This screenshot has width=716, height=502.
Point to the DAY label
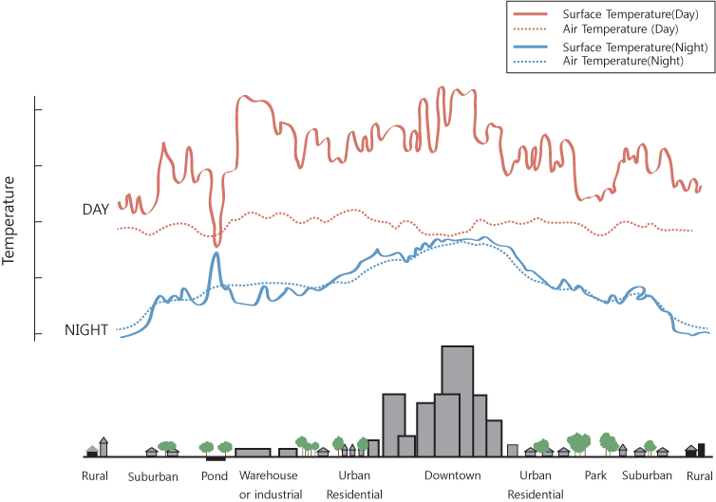pos(96,209)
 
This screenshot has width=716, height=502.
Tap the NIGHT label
pos(85,330)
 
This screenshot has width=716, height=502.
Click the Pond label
pos(215,475)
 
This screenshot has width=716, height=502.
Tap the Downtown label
pos(452,475)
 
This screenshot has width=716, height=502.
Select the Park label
pos(595,475)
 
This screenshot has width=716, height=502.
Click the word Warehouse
pos(269,475)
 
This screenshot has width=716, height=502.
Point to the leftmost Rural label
pos(95,475)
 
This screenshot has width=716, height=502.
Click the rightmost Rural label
pos(700,475)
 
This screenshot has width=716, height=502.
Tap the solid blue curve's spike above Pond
pos(217,253)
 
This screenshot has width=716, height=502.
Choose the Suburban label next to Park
pos(648,475)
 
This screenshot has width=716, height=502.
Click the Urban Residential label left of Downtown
pos(354,484)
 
